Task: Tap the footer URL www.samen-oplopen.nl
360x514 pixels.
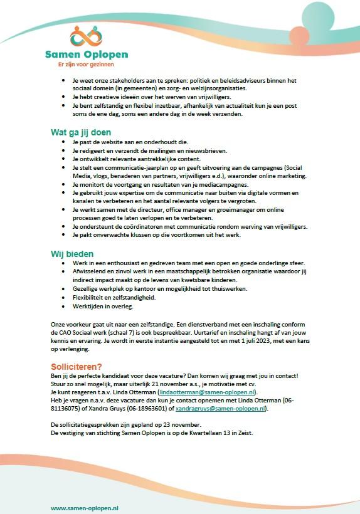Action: click(84, 507)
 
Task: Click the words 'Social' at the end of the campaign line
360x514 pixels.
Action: click(290, 168)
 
